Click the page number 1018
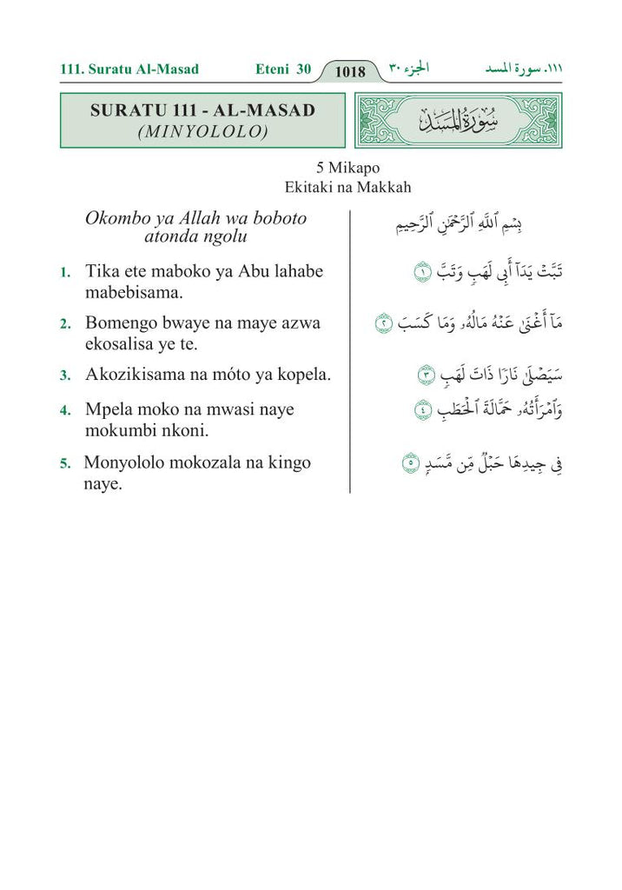[x=349, y=71]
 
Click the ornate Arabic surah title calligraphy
[x=459, y=121]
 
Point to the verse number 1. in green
[x=65, y=273]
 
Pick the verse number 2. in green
[x=65, y=324]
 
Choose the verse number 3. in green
[x=65, y=376]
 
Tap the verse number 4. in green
[x=65, y=410]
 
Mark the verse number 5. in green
[x=65, y=464]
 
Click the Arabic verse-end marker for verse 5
[x=412, y=462]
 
